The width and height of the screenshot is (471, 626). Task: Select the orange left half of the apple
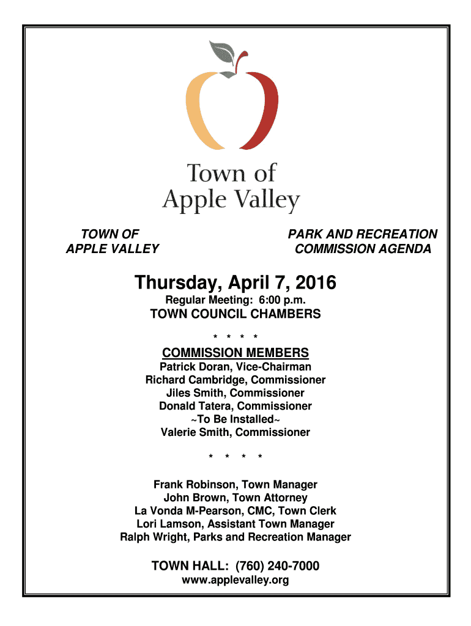click(x=199, y=110)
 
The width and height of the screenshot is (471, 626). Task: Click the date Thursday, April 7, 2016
click(x=236, y=283)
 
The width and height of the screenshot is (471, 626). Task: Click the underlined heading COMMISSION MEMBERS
click(x=236, y=353)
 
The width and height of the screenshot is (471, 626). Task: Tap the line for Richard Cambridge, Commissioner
click(x=236, y=380)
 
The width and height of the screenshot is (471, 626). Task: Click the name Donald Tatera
click(x=196, y=406)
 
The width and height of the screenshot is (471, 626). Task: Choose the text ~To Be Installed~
click(x=236, y=419)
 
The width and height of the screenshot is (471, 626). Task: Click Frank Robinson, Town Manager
click(x=236, y=485)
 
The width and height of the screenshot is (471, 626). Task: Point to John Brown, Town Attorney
click(x=236, y=498)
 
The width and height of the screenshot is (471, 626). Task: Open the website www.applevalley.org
click(x=236, y=580)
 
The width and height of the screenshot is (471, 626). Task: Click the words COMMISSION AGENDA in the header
click(x=363, y=249)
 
